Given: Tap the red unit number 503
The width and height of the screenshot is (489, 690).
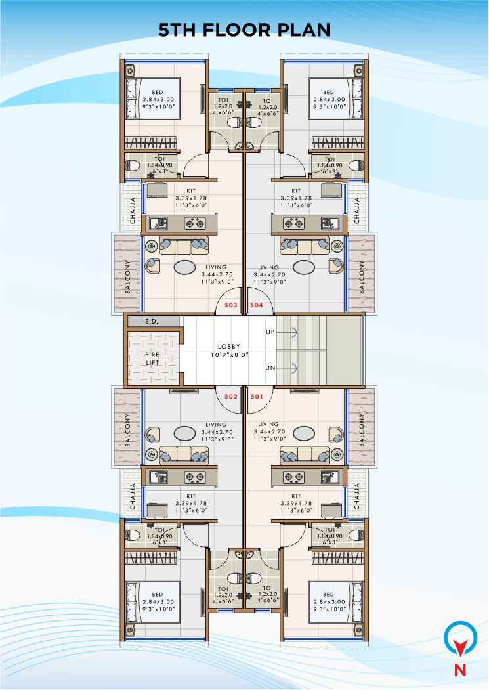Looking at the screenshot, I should (231, 305).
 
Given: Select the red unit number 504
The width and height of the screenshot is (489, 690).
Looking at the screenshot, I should (257, 305).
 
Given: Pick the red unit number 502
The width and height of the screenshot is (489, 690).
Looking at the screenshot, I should (231, 397).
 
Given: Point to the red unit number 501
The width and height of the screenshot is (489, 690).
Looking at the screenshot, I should (257, 397).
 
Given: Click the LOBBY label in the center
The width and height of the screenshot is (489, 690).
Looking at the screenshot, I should (229, 346).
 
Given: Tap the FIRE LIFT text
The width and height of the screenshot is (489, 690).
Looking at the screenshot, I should (152, 358).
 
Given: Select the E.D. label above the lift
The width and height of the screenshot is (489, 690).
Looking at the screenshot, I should (152, 321).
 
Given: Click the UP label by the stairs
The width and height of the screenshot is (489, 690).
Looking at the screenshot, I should (270, 332).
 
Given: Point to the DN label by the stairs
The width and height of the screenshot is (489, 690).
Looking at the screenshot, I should (270, 368).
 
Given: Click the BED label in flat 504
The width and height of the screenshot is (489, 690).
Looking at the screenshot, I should (329, 92).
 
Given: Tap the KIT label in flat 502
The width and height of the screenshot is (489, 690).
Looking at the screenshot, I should (191, 496).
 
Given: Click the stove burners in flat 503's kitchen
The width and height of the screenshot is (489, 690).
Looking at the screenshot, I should (194, 224).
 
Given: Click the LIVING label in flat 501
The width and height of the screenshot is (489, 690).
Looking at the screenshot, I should (268, 424).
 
